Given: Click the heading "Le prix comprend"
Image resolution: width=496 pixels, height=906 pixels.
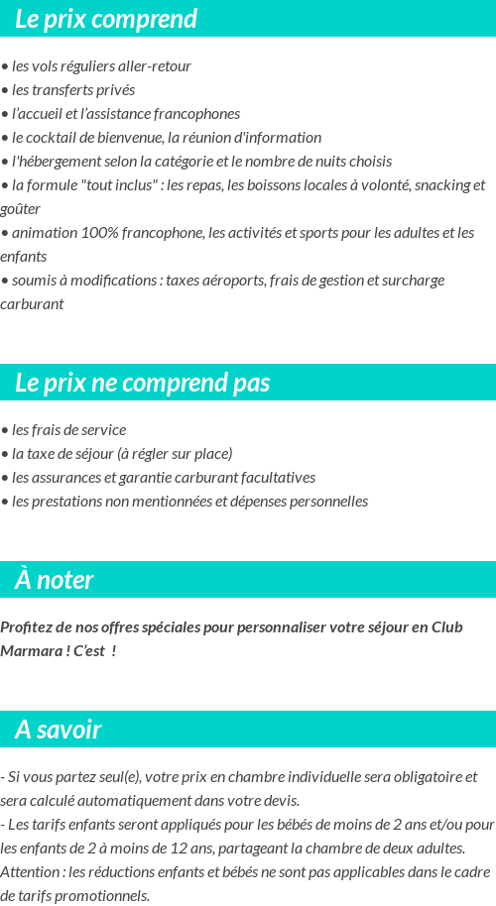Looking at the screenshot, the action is pos(106,19).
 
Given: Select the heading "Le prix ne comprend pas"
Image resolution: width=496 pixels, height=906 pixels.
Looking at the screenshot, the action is pos(142,383).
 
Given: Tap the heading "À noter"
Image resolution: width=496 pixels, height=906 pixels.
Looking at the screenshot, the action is pos(55,580).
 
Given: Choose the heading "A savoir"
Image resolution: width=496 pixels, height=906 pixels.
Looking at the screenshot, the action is pos(58,730).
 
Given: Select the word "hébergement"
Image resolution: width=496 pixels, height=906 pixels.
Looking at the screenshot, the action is pos(56,162).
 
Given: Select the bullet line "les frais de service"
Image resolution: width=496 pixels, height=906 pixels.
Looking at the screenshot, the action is pos(63,430).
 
